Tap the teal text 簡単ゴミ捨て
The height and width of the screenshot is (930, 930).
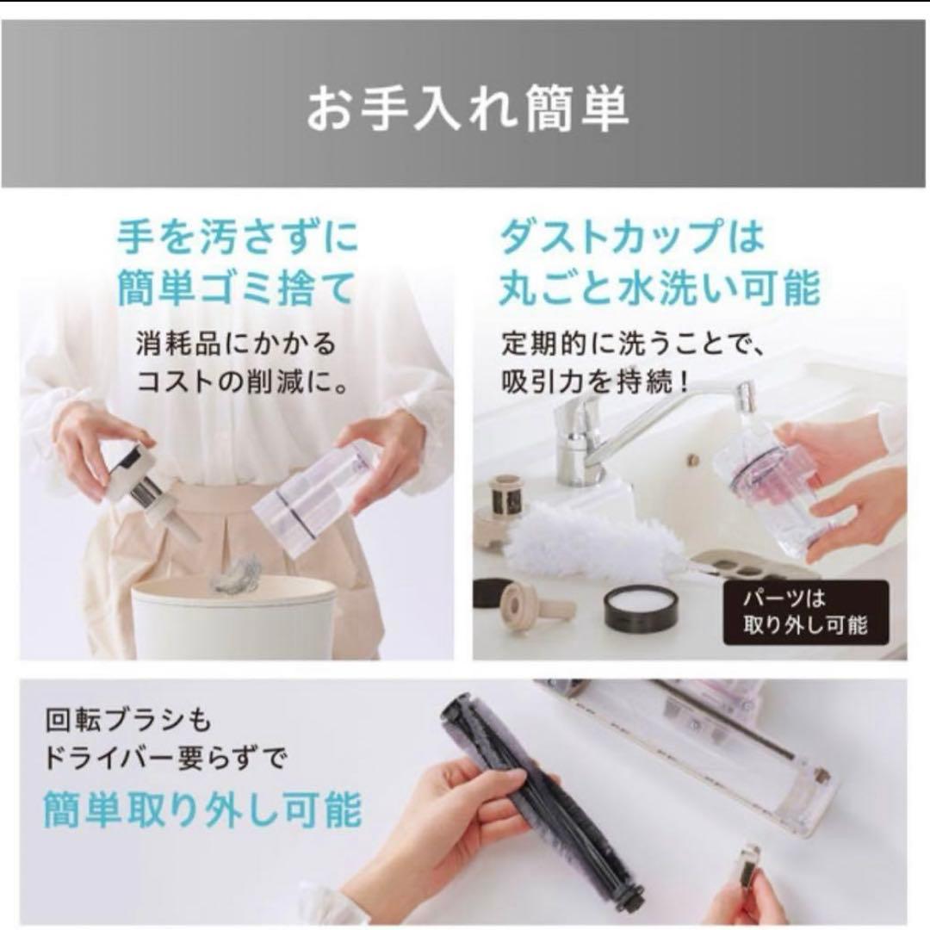point(236,289)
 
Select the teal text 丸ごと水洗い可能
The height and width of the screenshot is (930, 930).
point(660,289)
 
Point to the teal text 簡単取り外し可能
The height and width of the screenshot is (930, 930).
point(202,810)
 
